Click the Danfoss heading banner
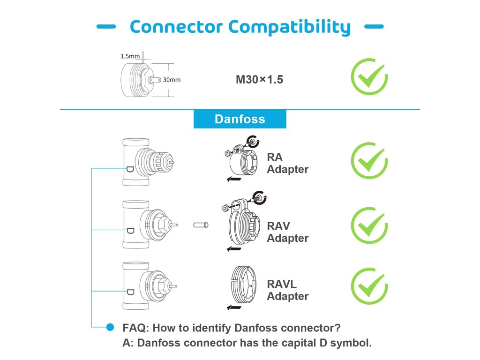240,119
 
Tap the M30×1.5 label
259,80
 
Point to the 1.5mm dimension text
130,56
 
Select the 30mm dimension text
172,80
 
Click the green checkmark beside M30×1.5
369,76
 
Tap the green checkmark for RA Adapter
369,160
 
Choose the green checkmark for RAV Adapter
369,225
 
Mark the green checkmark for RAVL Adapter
369,286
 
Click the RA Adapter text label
288,163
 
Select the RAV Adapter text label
288,232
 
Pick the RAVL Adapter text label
288,290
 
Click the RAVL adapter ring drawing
243,285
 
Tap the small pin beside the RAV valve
201,225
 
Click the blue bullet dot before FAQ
110,327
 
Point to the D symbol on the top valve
130,169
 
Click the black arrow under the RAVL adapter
234,307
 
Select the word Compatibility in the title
289,27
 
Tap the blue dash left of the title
106,27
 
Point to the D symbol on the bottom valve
130,292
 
